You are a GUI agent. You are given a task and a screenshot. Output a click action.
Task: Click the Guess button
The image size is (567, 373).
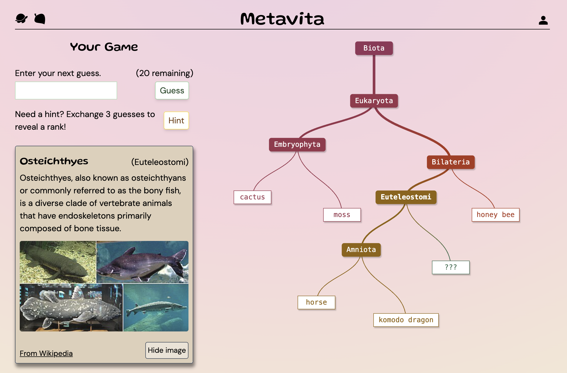coord(172,90)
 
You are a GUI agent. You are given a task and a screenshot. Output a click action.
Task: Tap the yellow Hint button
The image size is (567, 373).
coord(176,120)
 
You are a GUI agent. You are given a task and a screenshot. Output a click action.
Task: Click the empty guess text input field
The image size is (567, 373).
coord(66,90)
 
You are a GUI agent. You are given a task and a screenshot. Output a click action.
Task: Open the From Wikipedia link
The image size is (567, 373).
coord(46,353)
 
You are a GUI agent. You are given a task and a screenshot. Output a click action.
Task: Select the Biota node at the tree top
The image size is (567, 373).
coord(374,48)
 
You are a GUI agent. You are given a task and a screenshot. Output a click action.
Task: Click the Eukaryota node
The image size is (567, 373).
coord(374,101)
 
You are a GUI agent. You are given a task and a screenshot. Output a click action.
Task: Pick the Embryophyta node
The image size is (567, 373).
coord(297,144)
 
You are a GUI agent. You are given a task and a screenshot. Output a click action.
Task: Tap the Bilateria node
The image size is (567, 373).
coord(450,162)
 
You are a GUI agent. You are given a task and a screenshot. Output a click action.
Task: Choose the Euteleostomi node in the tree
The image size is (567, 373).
coord(406,197)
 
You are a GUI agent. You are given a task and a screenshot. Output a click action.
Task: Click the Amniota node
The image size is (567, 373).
coord(361,250)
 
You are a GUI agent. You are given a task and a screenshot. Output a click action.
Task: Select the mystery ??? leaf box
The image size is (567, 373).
coord(450,267)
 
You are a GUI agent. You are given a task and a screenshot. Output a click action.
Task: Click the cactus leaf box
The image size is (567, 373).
coord(252,197)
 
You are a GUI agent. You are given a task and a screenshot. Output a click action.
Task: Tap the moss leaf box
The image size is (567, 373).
coord(342,215)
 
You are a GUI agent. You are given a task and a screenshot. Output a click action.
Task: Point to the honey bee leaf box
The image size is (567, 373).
coord(495,215)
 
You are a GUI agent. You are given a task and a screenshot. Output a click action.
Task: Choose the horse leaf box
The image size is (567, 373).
coord(316,302)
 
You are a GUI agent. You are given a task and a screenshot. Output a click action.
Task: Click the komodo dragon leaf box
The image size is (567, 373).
coord(406,320)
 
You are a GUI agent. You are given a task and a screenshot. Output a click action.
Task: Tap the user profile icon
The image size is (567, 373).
coord(543,20)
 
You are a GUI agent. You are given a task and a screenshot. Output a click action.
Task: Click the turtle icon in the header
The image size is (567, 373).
coord(21,19)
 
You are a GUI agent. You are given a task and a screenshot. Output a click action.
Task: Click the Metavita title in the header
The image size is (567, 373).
coord(282,19)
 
